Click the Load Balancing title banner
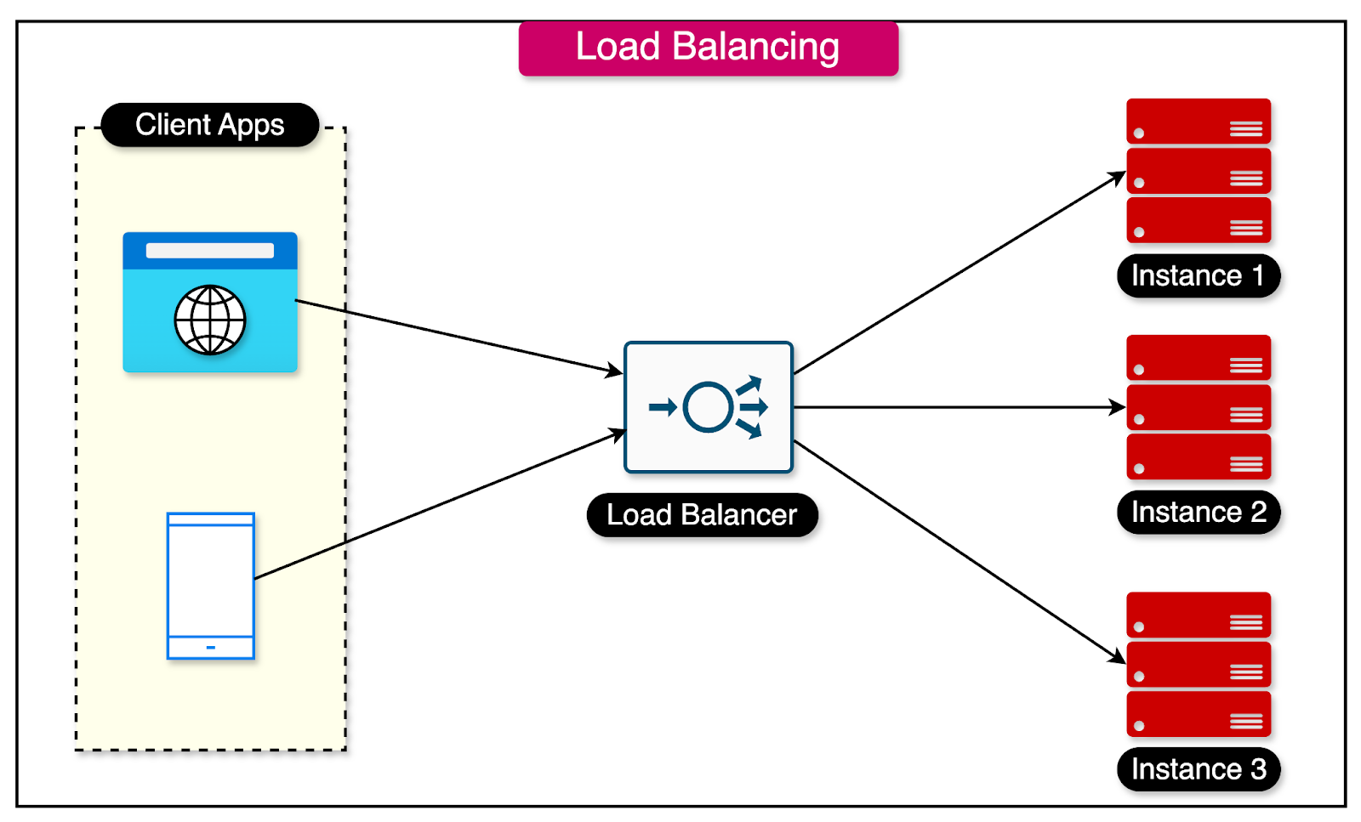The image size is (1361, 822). pos(708,48)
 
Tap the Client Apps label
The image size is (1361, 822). pos(209,125)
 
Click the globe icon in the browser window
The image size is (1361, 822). pos(210,320)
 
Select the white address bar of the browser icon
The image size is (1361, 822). pos(209,251)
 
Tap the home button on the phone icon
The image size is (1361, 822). pos(210,648)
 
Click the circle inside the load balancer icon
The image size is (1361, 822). pos(708,407)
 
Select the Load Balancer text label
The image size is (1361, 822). pos(702,515)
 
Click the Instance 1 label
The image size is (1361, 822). pos(1198,276)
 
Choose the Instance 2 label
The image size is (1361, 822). pos(1198,513)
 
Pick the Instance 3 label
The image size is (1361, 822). pos(1198,769)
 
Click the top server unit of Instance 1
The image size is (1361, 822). pos(1198,122)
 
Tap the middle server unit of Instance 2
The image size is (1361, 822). pos(1198,407)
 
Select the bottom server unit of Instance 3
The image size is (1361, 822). pos(1198,714)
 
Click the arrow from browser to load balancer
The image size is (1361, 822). pos(459,337)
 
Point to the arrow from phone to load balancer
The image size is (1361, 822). pos(438,505)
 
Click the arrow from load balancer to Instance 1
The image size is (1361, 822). pos(960,273)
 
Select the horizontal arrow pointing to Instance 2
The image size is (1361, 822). pos(960,407)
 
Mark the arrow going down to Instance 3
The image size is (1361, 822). pos(960,552)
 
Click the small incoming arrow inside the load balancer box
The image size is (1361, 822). pos(663,407)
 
